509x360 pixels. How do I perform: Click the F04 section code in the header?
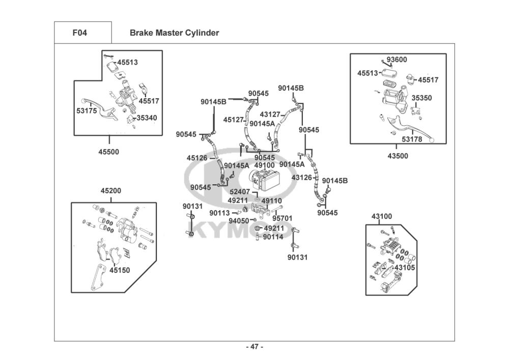[x=79, y=33]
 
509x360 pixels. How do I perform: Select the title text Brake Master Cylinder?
[x=174, y=33]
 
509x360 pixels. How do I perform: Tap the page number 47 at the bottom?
[x=254, y=347]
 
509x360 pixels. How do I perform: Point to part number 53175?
[x=87, y=110]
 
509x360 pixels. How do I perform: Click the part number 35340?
[x=147, y=118]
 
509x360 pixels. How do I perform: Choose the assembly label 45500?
[x=109, y=152]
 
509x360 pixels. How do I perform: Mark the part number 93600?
[x=397, y=60]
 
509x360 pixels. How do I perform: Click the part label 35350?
[x=421, y=98]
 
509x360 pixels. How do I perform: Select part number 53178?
[x=412, y=139]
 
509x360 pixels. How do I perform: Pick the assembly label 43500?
[x=398, y=156]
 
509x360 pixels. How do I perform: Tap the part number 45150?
[x=120, y=270]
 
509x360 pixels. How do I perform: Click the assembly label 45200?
[x=110, y=191]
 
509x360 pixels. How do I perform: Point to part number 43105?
[x=405, y=268]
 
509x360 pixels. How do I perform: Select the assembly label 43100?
[x=382, y=216]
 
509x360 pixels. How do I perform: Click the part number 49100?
[x=264, y=165]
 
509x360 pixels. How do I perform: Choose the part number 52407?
[x=240, y=192]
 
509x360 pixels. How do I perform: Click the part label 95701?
[x=282, y=218]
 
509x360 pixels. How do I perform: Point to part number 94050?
[x=239, y=221]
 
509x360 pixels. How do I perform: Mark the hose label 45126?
[x=196, y=158]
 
